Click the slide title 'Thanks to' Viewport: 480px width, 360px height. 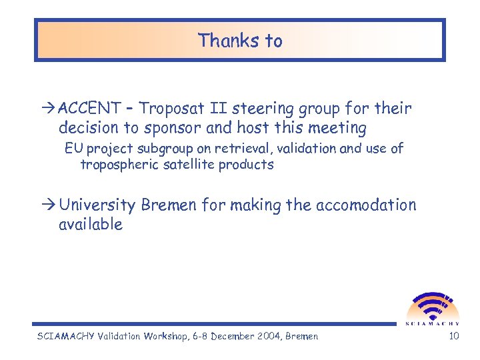click(x=240, y=41)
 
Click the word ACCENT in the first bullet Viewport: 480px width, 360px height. click(x=89, y=108)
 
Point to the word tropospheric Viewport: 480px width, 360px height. click(x=118, y=165)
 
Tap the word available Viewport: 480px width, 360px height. click(x=91, y=225)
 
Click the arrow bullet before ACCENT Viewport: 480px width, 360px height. click(x=51, y=109)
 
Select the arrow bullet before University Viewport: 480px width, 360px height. click(x=51, y=205)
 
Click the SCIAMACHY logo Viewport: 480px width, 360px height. click(x=433, y=309)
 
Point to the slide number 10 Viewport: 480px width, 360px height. click(x=454, y=336)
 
